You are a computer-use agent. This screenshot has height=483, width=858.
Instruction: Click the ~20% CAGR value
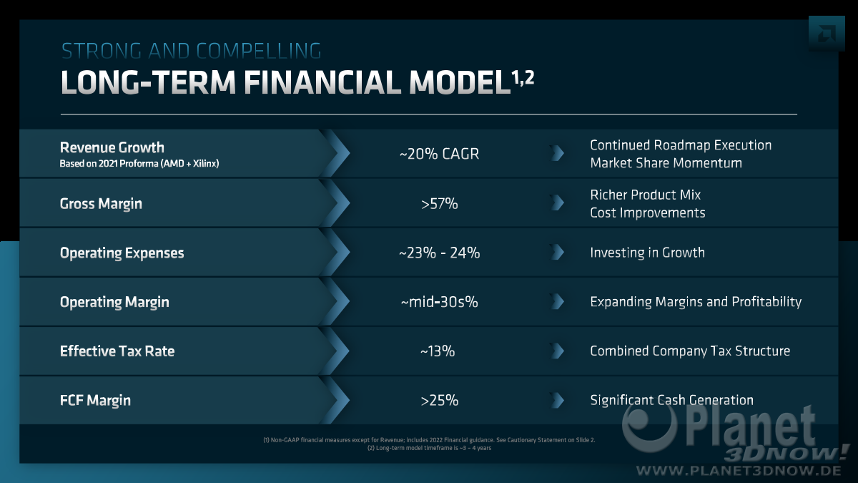click(x=439, y=154)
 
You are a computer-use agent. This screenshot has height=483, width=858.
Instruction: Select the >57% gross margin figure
click(x=439, y=203)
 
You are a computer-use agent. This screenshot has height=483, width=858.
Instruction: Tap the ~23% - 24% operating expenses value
click(x=439, y=253)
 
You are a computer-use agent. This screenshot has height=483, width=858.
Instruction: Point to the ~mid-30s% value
click(x=439, y=302)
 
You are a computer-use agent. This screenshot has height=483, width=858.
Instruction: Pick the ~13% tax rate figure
click(x=438, y=351)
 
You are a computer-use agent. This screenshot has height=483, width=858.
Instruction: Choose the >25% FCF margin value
click(x=439, y=400)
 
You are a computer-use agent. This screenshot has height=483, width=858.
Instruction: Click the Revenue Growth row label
click(x=112, y=147)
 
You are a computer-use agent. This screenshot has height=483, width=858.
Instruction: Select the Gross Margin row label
click(x=101, y=204)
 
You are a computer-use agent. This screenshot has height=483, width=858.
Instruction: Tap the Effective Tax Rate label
click(x=117, y=351)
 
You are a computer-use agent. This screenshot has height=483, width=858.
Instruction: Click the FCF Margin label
click(x=95, y=401)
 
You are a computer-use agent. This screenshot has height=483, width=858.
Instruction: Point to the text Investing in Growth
click(x=647, y=253)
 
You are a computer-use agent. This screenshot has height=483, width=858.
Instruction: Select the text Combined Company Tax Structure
click(x=690, y=351)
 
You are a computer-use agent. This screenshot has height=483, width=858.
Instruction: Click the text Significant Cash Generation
click(x=672, y=400)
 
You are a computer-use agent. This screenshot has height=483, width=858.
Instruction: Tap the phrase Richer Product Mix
click(x=646, y=195)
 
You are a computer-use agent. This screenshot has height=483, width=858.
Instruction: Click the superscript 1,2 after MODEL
click(x=523, y=78)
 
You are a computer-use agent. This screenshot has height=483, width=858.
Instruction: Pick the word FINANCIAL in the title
click(x=322, y=82)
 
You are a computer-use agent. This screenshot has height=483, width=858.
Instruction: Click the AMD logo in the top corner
click(x=827, y=34)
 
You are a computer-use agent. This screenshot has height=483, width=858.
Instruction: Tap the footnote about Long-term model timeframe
click(x=430, y=448)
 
